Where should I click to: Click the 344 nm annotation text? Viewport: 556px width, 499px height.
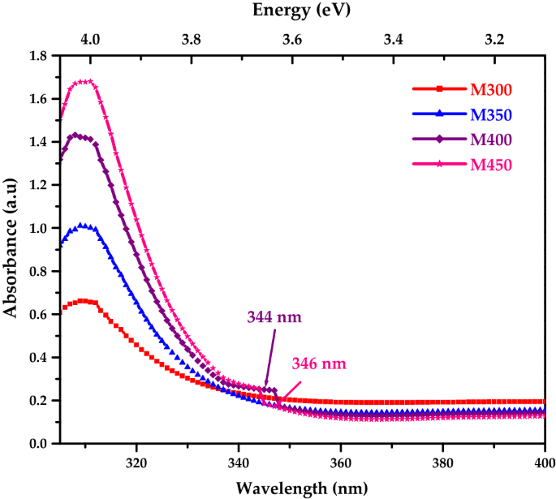click(274, 316)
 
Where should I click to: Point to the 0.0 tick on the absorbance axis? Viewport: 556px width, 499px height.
click(37, 444)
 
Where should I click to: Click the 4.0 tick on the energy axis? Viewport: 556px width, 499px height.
click(90, 39)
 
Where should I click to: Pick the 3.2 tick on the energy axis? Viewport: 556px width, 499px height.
click(494, 39)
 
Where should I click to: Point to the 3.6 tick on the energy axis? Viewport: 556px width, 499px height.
click(292, 39)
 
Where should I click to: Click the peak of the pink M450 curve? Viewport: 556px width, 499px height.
click(84, 81)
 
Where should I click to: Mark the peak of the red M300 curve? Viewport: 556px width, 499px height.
click(82, 300)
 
